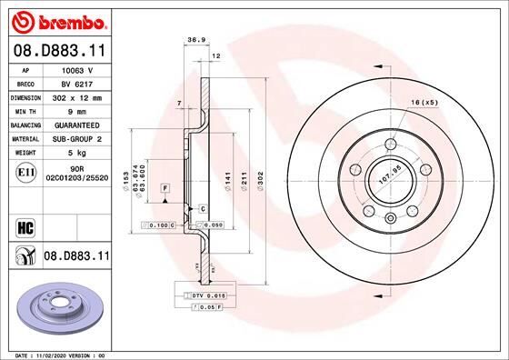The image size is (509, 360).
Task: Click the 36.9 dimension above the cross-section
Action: point(194,40)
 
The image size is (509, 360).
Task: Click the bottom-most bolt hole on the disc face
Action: point(390,216)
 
